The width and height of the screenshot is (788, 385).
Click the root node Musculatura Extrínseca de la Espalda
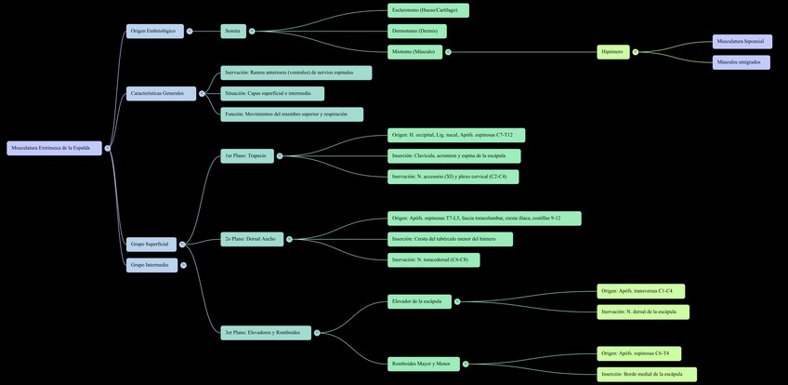click(54, 148)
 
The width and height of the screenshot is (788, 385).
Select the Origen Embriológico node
click(154, 31)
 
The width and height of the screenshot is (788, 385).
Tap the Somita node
click(233, 31)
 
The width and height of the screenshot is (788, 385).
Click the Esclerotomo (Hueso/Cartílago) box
click(427, 10)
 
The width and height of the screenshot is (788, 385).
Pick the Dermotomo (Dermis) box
click(416, 31)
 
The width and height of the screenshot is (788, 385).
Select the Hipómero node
click(612, 52)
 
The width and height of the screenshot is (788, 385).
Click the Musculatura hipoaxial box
click(742, 41)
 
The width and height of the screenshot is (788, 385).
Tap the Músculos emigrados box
click(741, 62)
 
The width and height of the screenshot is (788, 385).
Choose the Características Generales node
click(161, 93)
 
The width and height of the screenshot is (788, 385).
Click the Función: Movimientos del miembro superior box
click(292, 114)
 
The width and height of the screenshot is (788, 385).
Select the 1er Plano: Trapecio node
click(246, 155)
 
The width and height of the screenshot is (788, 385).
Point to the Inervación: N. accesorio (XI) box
click(453, 177)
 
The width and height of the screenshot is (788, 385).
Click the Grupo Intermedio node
click(151, 265)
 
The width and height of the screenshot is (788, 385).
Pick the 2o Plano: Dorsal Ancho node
click(251, 239)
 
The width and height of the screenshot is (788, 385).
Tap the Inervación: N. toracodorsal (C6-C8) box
click(433, 260)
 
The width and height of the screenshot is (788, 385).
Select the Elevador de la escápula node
click(419, 301)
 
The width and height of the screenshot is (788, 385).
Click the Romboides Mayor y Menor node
click(423, 364)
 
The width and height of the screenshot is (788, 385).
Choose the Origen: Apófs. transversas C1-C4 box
click(640, 291)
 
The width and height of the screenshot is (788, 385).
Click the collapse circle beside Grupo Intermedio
click(184, 265)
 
